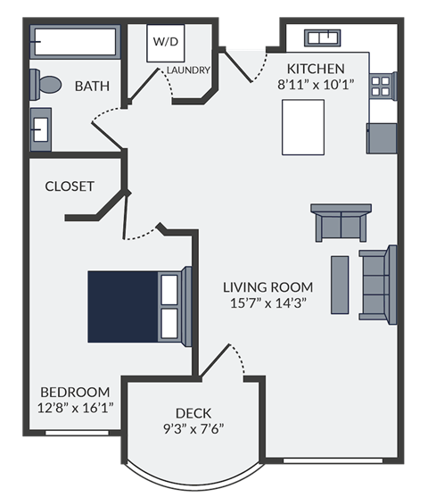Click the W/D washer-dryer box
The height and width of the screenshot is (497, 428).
point(165,42)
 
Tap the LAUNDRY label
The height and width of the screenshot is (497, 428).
point(188,70)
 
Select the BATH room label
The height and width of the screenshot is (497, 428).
point(92,87)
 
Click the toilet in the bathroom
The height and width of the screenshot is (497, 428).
point(46,86)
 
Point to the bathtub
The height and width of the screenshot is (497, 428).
point(75,41)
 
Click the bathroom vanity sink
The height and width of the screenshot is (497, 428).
point(41,128)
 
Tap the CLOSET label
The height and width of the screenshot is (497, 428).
point(70,186)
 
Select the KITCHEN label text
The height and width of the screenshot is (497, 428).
point(317,69)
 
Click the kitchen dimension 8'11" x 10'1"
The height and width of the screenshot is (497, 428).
point(317,86)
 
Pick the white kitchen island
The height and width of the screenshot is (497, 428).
point(303,127)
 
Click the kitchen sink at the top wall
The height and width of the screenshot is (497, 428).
point(323,37)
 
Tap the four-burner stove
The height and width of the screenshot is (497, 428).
point(381,86)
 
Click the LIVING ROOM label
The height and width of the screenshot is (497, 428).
point(267,286)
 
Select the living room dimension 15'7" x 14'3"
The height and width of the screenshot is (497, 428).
point(267,302)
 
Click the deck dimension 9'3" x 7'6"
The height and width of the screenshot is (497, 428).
point(193,427)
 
